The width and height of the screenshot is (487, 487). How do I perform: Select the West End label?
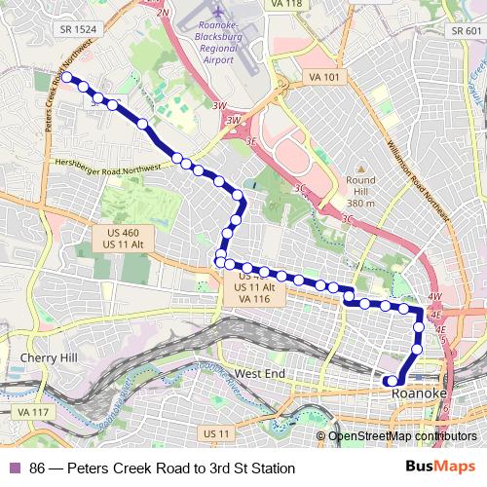pos(260,373)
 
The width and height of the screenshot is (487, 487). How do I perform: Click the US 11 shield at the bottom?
pos(212,431)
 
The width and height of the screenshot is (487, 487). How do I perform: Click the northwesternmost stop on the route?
pos(67,78)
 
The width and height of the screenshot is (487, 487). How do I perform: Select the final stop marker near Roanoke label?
pos(390,381)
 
